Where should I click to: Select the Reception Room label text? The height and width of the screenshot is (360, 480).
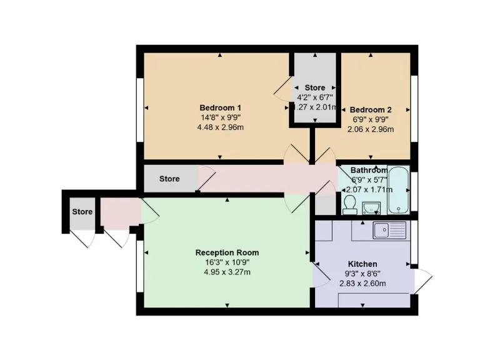tap(227, 252)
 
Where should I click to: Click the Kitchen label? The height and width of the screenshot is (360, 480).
tap(362, 264)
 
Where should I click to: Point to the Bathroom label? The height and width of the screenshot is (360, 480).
tap(369, 170)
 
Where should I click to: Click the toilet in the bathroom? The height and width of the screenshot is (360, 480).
tap(350, 204)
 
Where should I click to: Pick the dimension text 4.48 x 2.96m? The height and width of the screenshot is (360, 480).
tap(220, 128)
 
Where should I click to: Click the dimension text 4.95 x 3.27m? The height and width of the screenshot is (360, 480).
tap(227, 272)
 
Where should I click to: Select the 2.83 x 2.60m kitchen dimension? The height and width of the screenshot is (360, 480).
tap(362, 284)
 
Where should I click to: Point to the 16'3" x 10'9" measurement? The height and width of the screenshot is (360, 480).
tap(227, 262)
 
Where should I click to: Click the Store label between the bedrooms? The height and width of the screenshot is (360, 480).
tap(315, 87)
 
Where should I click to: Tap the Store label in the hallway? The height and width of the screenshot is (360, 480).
tap(169, 179)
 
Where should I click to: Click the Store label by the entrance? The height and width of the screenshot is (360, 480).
tap(82, 212)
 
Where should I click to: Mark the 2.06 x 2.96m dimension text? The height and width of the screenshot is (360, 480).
tap(371, 129)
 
